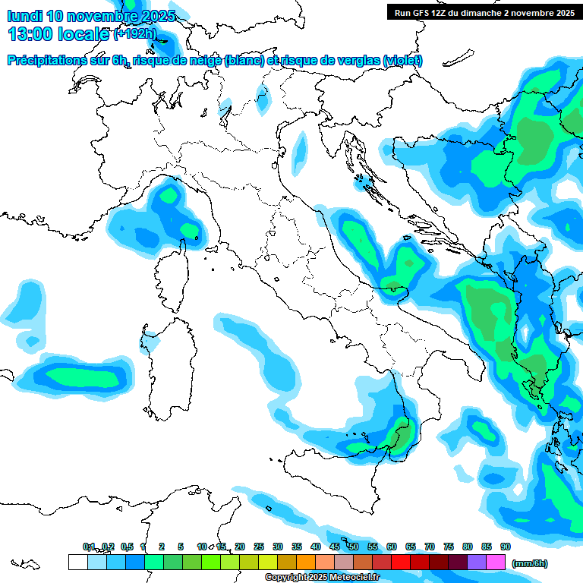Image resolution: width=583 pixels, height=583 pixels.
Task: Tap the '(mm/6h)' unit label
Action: tap(529, 563)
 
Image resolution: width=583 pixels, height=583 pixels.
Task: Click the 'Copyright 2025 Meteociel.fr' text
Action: tap(332, 578)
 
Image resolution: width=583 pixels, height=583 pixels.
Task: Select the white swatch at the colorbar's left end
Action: tap(77, 563)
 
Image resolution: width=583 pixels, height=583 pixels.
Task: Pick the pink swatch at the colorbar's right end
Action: tap(496, 563)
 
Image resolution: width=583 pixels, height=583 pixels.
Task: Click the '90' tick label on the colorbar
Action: tap(506, 547)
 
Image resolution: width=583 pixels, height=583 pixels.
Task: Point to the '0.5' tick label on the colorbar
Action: tap(127, 547)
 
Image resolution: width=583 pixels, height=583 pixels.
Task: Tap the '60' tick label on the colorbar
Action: tap(392, 547)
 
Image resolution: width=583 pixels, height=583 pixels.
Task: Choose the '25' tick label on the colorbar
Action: tap(259, 547)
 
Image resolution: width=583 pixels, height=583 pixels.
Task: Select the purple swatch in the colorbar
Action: tap(477, 563)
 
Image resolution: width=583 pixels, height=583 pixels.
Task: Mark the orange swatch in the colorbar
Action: tap(306, 563)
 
